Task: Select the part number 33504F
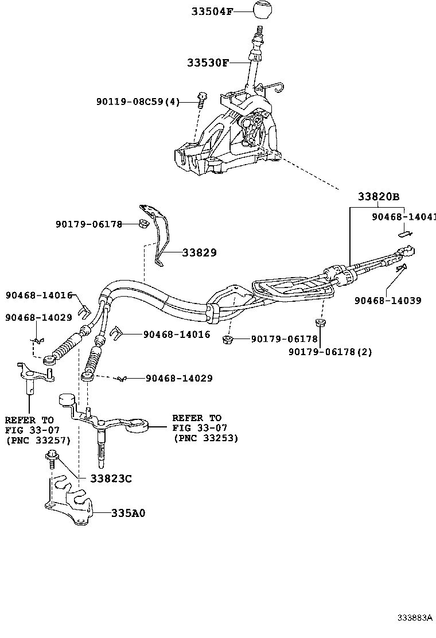[209, 11]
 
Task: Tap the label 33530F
[207, 63]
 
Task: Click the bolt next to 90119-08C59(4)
[201, 100]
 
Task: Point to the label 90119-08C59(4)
[138, 102]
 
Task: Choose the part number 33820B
[378, 197]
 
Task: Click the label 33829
[200, 252]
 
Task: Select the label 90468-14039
[388, 300]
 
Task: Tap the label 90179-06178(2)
[330, 352]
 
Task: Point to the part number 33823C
[111, 478]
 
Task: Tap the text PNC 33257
[37, 440]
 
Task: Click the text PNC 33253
[205, 438]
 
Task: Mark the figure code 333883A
[415, 618]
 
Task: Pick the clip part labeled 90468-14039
[400, 267]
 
